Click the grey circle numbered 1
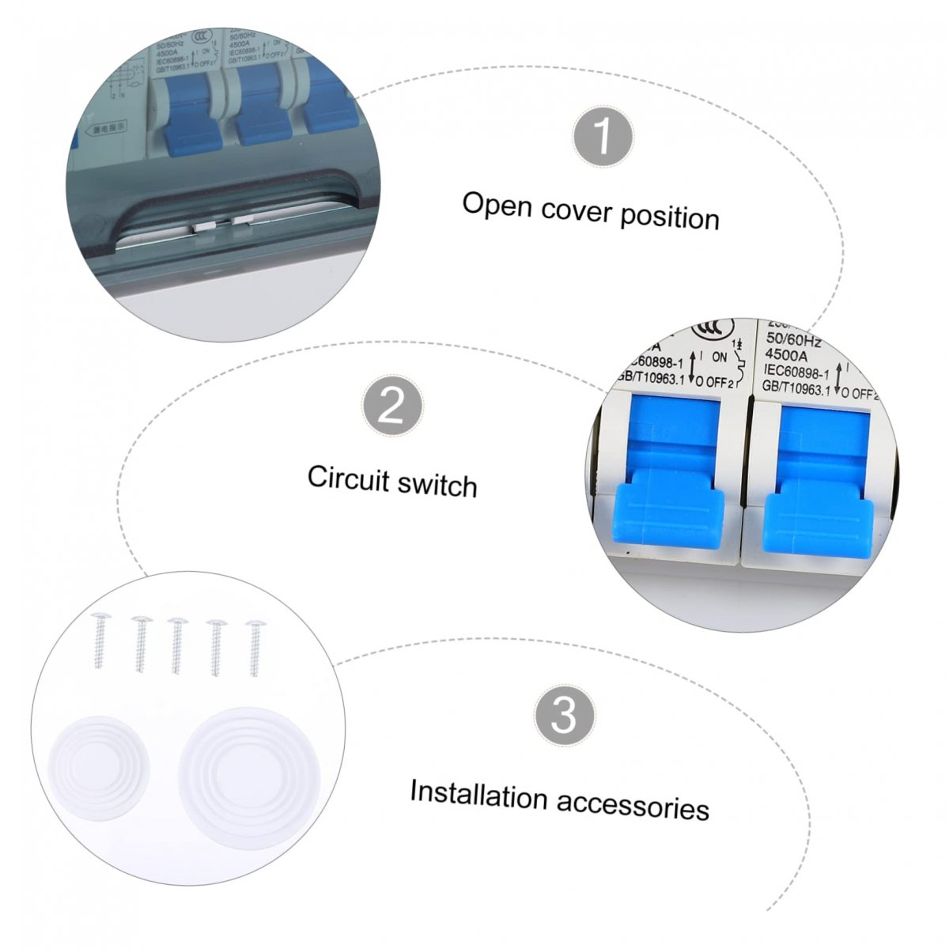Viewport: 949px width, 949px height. coord(603,136)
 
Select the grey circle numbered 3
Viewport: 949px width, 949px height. coord(564,715)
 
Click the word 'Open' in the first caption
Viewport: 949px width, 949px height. coord(497,205)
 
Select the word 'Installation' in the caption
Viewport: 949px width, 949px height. coord(478,794)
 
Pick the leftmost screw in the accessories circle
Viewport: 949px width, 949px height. coord(100,641)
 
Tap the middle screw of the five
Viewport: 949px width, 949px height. coord(177,645)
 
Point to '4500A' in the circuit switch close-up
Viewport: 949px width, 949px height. coord(785,357)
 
